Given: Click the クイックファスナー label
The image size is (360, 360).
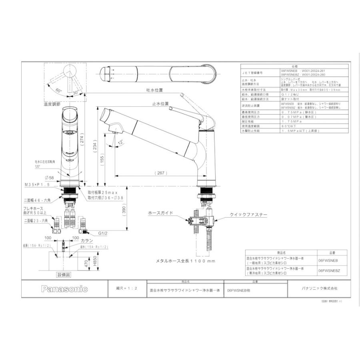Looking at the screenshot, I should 248,215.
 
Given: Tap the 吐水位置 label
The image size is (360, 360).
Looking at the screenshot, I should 154,90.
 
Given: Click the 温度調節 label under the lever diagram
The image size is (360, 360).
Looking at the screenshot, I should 52,104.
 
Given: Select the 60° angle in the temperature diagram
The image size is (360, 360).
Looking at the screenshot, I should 58,90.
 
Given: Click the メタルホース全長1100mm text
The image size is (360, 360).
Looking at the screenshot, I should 186,261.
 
